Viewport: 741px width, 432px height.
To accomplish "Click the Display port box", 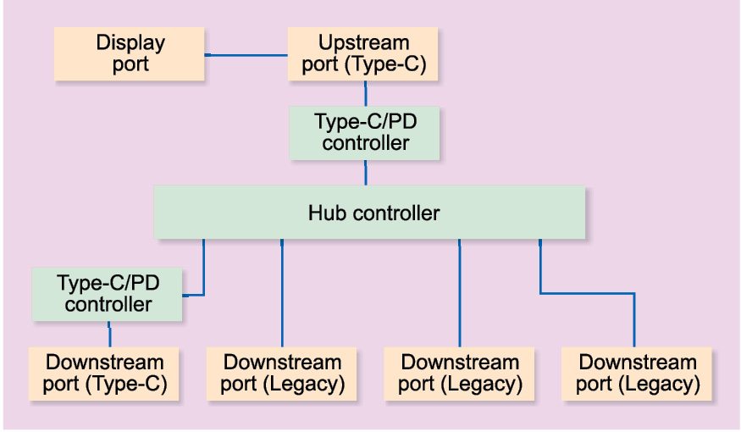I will pyautogui.click(x=130, y=54).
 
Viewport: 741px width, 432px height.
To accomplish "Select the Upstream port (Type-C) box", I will pyautogui.click(x=363, y=54).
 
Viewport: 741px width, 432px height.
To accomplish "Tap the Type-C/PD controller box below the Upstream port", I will pyautogui.click(x=365, y=132).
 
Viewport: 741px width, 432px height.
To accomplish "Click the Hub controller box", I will pyautogui.click(x=369, y=213).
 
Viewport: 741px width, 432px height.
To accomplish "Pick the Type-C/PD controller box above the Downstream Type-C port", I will pyautogui.click(x=108, y=293).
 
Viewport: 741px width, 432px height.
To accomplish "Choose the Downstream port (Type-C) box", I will pyautogui.click(x=107, y=374).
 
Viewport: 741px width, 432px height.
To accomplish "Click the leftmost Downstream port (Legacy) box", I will pyautogui.click(x=282, y=374).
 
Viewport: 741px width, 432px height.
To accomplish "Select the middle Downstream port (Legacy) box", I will pyautogui.click(x=459, y=374).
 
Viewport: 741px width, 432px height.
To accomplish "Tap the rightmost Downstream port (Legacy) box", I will pyautogui.click(x=638, y=374).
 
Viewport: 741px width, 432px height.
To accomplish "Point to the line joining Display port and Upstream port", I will pyautogui.click(x=246, y=56).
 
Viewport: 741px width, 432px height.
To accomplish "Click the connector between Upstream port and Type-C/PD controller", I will pyautogui.click(x=365, y=93).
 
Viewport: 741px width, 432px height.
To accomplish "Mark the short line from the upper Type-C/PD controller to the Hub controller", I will pyautogui.click(x=365, y=173).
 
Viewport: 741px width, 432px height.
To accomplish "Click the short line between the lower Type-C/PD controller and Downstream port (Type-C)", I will pyautogui.click(x=109, y=334).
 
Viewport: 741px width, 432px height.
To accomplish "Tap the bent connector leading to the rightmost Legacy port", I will pyautogui.click(x=588, y=293).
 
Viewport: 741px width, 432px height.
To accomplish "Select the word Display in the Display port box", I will pyautogui.click(x=130, y=43).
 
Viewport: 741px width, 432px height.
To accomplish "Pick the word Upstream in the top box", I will pyautogui.click(x=363, y=43).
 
